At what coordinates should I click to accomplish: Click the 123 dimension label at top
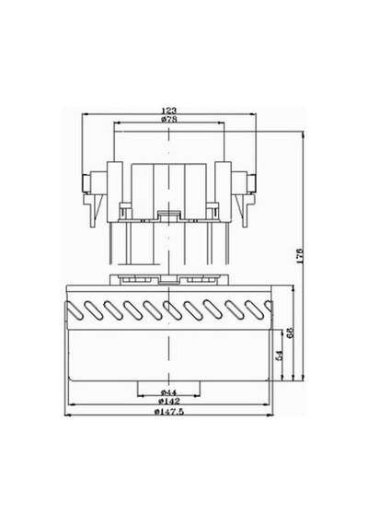click(x=169, y=111)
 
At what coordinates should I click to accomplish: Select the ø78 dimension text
click(x=169, y=119)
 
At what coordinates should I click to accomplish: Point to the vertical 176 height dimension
click(x=300, y=255)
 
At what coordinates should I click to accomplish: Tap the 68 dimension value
click(x=290, y=332)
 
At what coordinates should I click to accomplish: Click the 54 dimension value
click(x=280, y=356)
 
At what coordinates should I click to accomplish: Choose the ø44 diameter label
click(x=168, y=392)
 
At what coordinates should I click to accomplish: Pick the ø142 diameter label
click(x=169, y=401)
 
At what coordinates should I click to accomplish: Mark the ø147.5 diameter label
click(x=169, y=412)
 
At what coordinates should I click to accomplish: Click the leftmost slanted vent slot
click(x=75, y=310)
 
